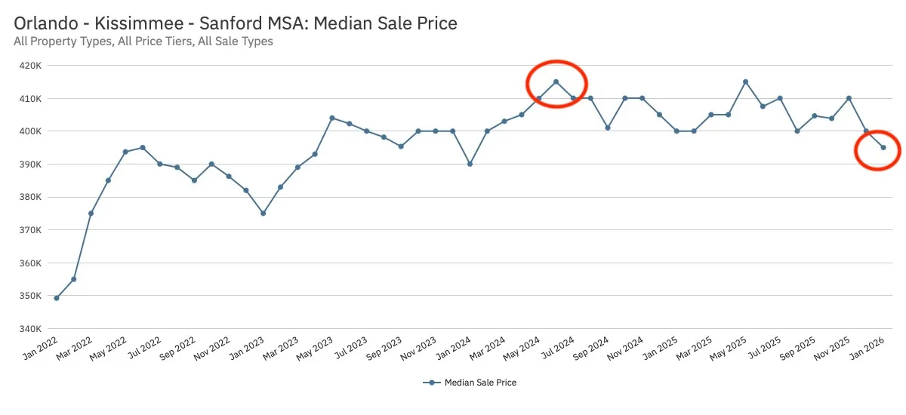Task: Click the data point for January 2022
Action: tap(57, 298)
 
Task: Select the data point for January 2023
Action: tap(263, 214)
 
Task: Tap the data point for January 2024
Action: tap(470, 164)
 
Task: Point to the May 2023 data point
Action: tap(331, 118)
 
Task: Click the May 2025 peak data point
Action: tap(745, 82)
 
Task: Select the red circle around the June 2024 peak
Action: tap(556, 83)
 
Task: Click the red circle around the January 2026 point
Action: tap(877, 150)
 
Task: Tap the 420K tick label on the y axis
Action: tap(30, 66)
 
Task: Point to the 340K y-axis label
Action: tap(30, 329)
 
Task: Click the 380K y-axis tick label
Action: tap(30, 198)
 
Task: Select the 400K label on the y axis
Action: tap(30, 131)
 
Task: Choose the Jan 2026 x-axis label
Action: tap(868, 348)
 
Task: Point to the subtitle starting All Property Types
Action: tap(143, 41)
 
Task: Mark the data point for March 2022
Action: tap(91, 214)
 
